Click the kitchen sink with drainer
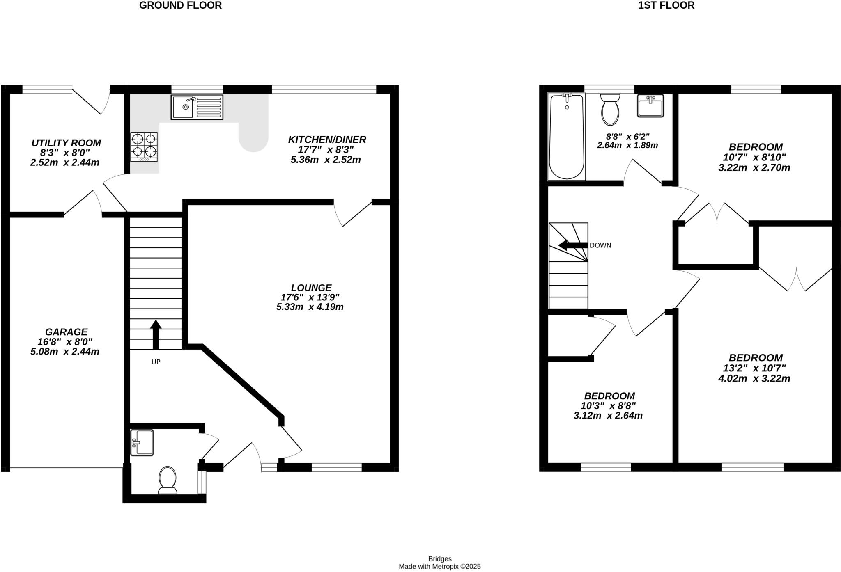[197, 107]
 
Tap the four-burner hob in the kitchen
[144, 147]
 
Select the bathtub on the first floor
[567, 136]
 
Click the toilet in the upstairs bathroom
[610, 109]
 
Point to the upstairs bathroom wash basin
[650, 105]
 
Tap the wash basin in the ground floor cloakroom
[142, 442]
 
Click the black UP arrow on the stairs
[156, 334]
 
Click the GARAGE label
[66, 332]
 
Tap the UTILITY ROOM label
[66, 143]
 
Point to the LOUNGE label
[311, 288]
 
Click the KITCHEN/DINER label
[327, 140]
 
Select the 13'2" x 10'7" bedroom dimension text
[754, 368]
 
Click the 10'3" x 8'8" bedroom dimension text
[608, 406]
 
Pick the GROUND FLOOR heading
[180, 5]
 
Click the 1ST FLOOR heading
[666, 5]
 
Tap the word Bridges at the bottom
[440, 558]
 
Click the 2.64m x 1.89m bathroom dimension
[627, 145]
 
